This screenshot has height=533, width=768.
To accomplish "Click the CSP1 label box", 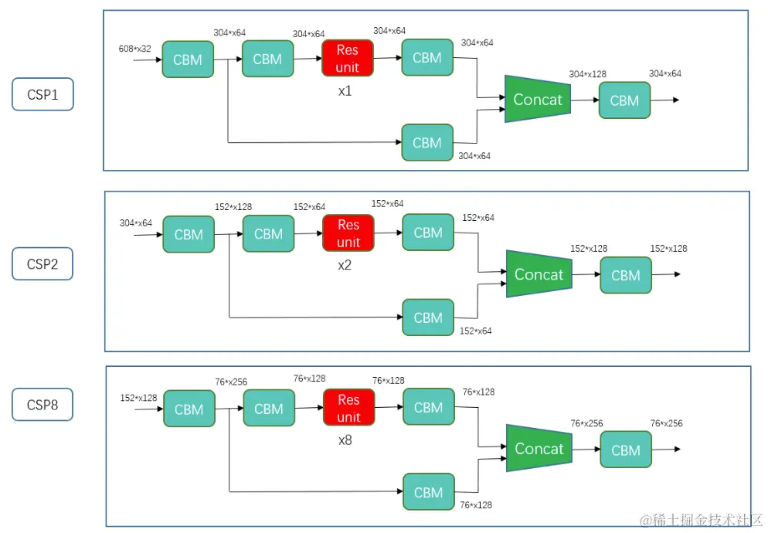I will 42,94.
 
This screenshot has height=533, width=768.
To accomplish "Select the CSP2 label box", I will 42,263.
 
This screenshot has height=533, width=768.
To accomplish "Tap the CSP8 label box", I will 42,405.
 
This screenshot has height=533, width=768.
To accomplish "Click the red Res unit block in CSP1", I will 348,58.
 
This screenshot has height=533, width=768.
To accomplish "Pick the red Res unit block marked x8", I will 348,408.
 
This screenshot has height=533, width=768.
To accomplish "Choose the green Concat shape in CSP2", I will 539,274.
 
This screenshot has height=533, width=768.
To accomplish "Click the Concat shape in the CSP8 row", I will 539,449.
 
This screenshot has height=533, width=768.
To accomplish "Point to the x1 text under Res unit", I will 345,90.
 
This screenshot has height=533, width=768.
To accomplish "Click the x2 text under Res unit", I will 346,265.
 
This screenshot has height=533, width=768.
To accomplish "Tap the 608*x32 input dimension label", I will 134,49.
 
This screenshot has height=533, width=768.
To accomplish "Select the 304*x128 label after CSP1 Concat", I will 587,74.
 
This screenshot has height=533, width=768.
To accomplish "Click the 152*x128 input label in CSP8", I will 138,398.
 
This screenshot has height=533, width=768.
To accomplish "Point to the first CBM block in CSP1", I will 188,59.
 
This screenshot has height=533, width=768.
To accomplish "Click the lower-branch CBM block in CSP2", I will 428,317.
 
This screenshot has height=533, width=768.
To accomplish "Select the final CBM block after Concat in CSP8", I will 626,450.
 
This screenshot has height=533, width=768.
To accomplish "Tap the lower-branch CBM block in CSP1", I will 427,143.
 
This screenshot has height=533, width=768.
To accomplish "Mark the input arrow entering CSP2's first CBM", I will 148,235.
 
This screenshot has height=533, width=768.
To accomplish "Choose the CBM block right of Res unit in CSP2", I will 428,233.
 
